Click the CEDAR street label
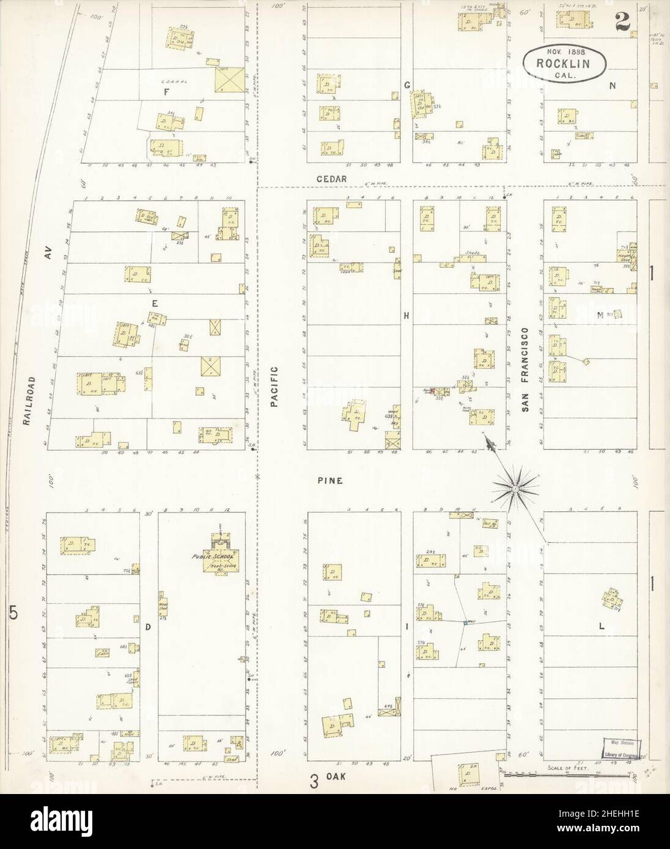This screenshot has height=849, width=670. pos(332,178)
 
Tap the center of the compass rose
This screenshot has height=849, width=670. pos(515,488)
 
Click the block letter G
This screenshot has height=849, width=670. pos(407,86)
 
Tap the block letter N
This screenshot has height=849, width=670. pos(612,86)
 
